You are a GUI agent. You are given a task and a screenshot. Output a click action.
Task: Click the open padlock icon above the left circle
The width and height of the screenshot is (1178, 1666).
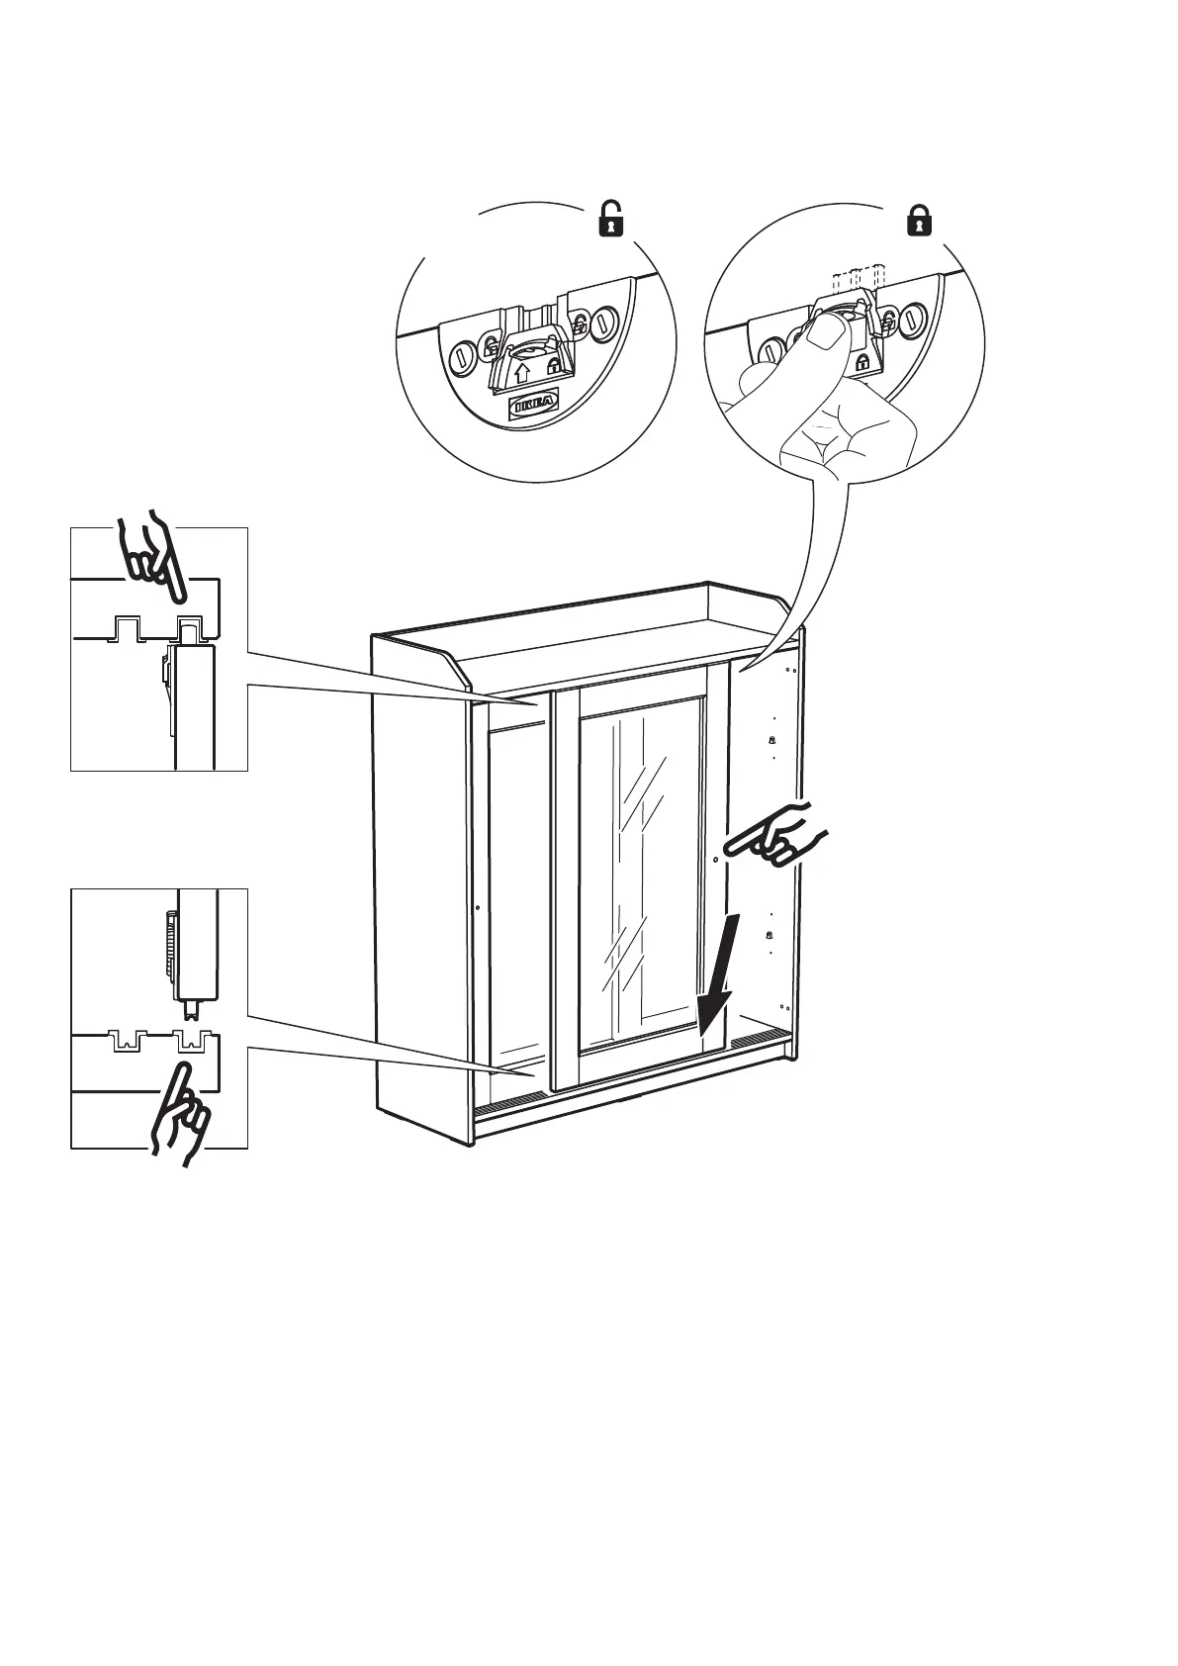[613, 219]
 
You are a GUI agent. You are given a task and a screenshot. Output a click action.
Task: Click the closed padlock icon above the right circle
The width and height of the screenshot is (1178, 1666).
[920, 219]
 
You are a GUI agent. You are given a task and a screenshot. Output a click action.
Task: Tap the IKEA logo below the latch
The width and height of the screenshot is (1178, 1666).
[533, 405]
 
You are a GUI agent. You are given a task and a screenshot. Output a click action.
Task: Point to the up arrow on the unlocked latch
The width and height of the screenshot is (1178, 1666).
[522, 374]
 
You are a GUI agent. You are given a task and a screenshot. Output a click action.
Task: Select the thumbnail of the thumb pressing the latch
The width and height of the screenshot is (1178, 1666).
[820, 341]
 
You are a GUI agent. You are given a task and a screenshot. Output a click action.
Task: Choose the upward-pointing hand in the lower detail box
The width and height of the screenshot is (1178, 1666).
[178, 1112]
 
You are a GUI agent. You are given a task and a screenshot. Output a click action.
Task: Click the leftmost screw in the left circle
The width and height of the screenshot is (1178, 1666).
[461, 357]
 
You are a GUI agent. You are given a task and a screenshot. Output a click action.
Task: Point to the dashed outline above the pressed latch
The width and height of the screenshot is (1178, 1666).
[857, 277]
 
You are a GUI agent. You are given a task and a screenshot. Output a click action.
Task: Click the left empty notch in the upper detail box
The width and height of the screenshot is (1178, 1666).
[126, 627]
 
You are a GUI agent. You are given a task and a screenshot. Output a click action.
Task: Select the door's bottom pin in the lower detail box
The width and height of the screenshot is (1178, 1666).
[191, 1010]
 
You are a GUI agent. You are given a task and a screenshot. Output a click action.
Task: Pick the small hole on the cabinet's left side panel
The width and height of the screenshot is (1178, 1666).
[478, 906]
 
